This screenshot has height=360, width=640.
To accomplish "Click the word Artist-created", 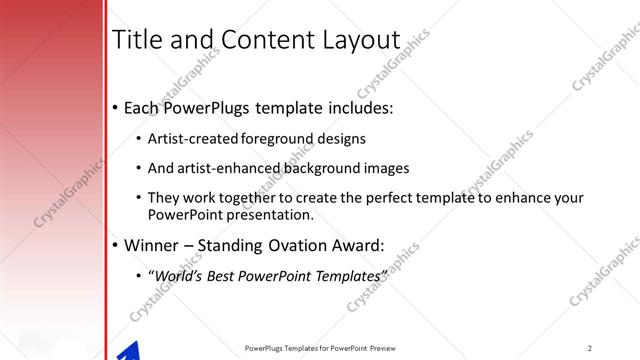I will pyautogui.click(x=193, y=139).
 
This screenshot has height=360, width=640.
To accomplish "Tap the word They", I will pyautogui.click(x=162, y=198).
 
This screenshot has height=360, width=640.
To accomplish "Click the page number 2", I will pyautogui.click(x=590, y=348).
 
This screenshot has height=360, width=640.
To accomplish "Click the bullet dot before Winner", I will pyautogui.click(x=116, y=245).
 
